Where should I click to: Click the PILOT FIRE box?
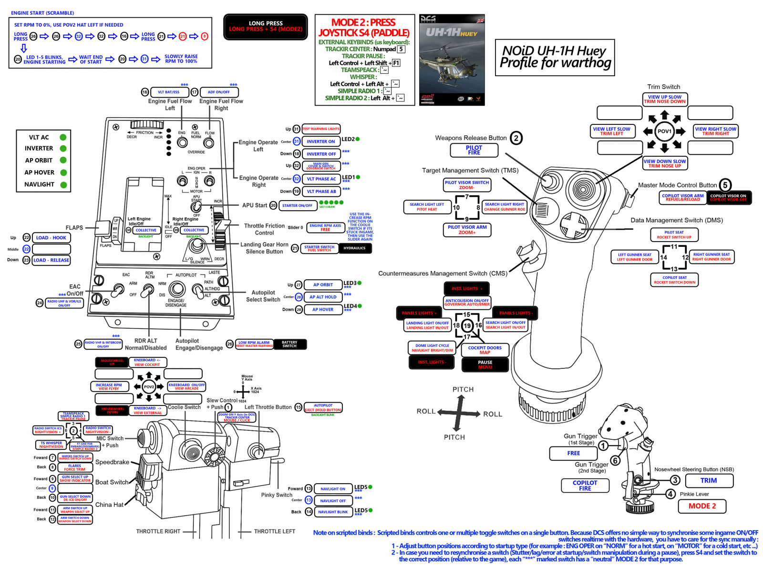pos(474,150)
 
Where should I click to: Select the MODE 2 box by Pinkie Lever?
pos(702,506)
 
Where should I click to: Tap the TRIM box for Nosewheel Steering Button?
pos(709,480)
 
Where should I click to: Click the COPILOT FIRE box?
pos(585,486)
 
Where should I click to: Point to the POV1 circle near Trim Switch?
pos(664,131)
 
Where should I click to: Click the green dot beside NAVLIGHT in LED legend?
pos(63,184)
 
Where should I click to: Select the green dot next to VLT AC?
pos(63,137)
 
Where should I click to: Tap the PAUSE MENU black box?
pos(485,364)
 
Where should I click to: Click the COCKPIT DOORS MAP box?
pos(485,350)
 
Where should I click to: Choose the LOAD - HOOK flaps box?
pos(52,238)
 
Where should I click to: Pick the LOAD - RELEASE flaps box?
pos(52,260)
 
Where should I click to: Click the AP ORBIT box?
pos(323,285)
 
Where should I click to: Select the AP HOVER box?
pos(323,310)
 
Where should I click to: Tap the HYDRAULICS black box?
pos(355,248)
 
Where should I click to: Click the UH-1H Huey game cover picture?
pos(452,60)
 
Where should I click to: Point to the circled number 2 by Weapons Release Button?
pos(516,138)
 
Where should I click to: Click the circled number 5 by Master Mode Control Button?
pos(725,185)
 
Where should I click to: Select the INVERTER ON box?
pos(321,142)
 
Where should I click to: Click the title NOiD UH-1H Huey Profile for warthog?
pos(555,58)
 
